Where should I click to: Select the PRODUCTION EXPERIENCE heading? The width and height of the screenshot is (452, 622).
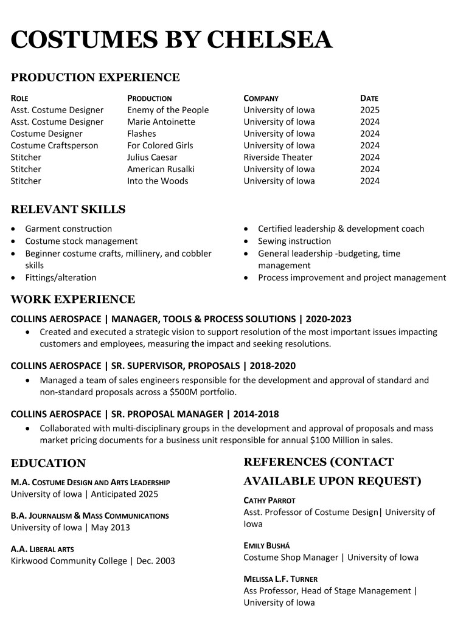tap(96, 77)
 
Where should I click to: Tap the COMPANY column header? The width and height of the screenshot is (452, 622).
tap(261, 98)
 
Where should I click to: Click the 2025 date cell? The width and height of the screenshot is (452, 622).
tap(369, 110)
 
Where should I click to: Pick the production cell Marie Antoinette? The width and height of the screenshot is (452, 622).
tap(161, 122)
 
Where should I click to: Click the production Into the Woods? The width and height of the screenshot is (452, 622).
tap(158, 181)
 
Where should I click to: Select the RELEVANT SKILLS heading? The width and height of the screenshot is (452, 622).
tap(68, 210)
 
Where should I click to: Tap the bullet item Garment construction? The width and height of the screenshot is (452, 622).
tap(68, 229)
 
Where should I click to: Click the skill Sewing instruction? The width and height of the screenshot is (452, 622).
tap(294, 241)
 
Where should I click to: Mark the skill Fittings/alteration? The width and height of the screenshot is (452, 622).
tap(60, 277)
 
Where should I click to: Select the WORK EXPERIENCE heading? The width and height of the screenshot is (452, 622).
tap(73, 299)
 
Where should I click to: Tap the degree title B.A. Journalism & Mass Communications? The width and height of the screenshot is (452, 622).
tap(90, 516)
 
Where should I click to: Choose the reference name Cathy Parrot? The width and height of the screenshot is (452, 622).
tap(269, 500)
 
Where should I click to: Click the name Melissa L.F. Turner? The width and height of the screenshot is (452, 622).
tap(280, 579)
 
